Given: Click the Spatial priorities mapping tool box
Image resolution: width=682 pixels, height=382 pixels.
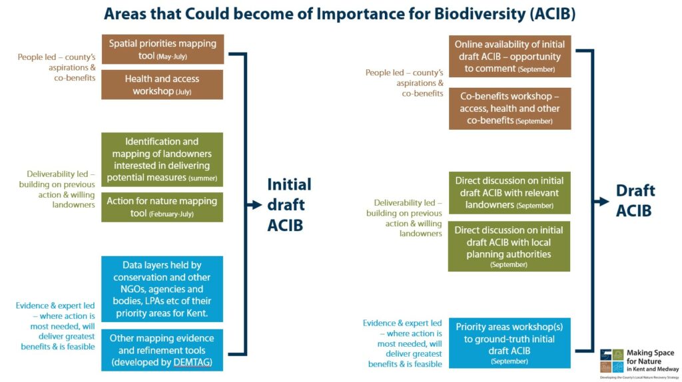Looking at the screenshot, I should tap(163, 49).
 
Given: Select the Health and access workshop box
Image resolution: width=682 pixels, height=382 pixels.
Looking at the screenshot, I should tap(163, 85).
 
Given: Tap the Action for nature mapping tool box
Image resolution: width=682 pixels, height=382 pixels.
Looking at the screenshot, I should tap(163, 207).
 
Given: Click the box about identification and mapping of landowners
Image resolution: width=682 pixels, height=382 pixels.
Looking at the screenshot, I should tap(163, 160).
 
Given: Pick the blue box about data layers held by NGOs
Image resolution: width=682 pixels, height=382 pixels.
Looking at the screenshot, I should tap(163, 289).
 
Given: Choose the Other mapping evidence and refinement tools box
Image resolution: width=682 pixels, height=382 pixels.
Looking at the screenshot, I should tap(163, 350).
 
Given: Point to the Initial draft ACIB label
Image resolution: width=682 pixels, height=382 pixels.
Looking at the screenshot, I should tap(289, 205).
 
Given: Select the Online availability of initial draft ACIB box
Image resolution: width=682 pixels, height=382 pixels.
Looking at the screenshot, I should tap(510, 57).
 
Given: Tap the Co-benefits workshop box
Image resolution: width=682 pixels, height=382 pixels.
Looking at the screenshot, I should tap(510, 108).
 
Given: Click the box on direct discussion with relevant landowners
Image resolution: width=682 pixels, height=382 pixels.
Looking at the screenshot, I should tap(510, 192).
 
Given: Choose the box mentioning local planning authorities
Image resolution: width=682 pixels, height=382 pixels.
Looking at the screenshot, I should tap(510, 246).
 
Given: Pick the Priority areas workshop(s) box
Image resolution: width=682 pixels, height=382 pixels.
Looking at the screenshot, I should tap(510, 343).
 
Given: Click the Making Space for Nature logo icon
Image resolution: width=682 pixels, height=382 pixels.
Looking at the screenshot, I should tap(611, 360).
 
